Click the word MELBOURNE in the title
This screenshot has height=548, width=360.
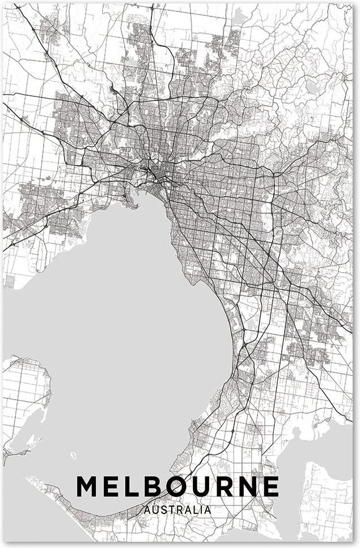pyautogui.click(x=177, y=486)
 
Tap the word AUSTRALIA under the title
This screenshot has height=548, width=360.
pyautogui.click(x=177, y=510)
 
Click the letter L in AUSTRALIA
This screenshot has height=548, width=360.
pyautogui.click(x=196, y=510)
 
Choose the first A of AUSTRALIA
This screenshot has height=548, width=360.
pyautogui.click(x=147, y=510)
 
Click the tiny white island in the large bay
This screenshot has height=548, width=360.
pyautogui.click(x=72, y=456)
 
